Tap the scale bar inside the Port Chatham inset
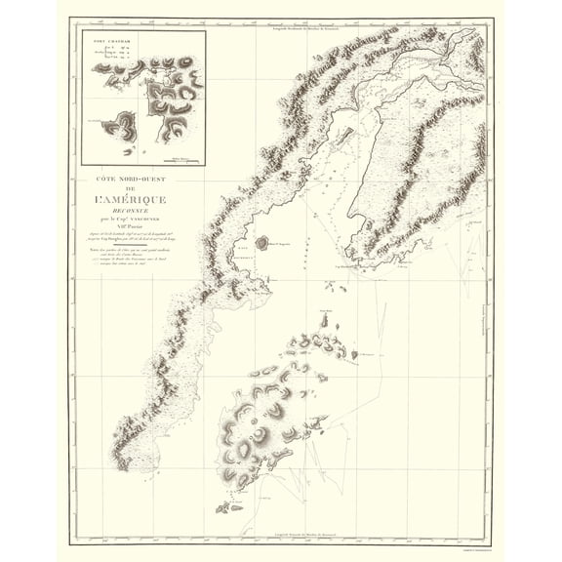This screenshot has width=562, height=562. pos(181,157)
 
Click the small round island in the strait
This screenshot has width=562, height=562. pos(261,242)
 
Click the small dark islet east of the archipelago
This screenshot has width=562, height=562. pos(355,354)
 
